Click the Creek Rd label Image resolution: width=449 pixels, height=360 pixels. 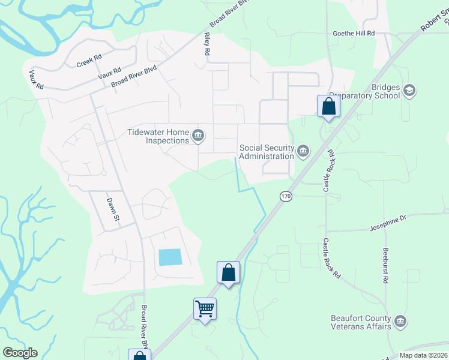[x=89, y=61]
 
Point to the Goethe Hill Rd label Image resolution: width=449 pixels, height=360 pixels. [x=354, y=34]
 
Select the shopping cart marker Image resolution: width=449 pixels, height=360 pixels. [x=205, y=309]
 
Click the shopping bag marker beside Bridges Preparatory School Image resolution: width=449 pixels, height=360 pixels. [x=328, y=106]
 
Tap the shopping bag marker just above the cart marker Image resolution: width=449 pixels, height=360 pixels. [x=228, y=272]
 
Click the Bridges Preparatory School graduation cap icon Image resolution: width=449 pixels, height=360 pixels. [x=409, y=91]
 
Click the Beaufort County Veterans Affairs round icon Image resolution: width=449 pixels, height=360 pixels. [x=402, y=322]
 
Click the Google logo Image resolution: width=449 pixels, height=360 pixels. [x=20, y=353]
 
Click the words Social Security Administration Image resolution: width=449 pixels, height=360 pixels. [x=266, y=152]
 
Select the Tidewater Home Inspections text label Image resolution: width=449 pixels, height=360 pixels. [x=158, y=136]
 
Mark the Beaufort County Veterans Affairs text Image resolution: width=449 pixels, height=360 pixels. [x=361, y=322]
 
